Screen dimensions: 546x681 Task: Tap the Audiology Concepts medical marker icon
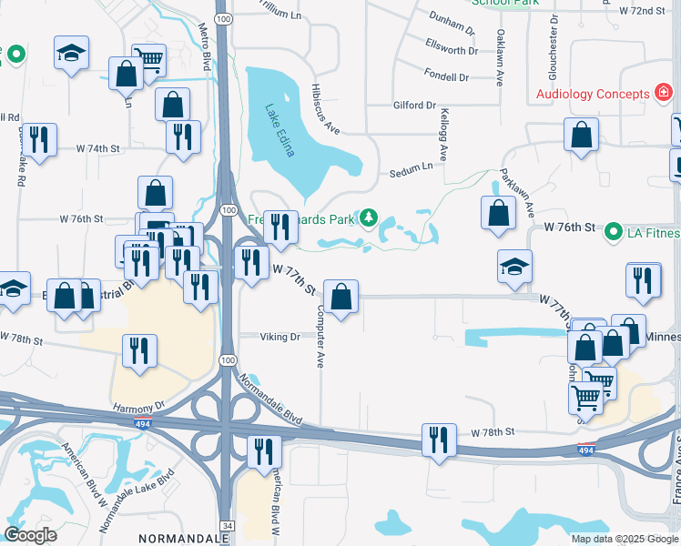[665, 93]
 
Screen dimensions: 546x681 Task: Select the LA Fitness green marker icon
[614, 232]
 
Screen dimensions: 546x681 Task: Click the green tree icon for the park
[369, 217]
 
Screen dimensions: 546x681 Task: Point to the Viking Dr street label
[280, 337]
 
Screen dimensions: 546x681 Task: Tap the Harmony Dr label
[139, 405]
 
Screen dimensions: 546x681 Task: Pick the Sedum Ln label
[412, 167]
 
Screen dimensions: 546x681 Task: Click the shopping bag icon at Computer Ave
[340, 297]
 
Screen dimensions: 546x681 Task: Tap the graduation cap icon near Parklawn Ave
[514, 266]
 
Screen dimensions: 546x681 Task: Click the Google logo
[32, 535]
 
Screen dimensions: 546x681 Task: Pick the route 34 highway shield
[226, 526]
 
